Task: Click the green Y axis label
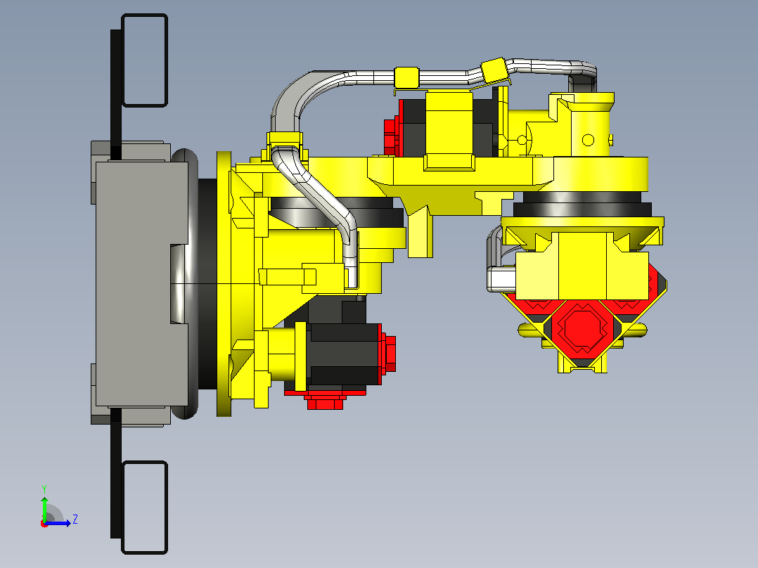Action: [44, 489]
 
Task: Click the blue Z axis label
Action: [75, 519]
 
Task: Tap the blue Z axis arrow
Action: [58, 523]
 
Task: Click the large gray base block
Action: [141, 284]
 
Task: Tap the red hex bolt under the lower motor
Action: [326, 402]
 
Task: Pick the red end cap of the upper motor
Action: [391, 131]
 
